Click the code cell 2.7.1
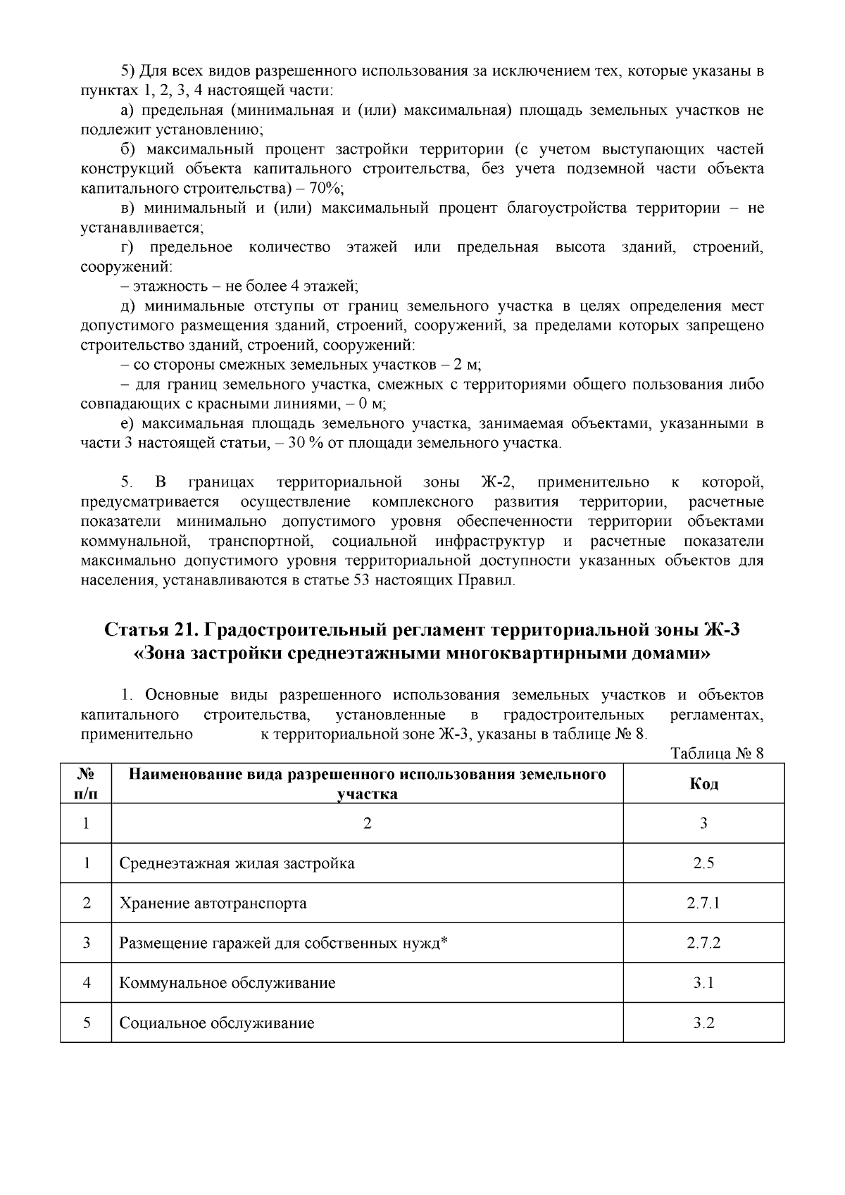703,903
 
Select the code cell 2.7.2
703,943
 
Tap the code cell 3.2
703,1022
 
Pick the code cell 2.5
703,863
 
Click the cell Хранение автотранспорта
213,903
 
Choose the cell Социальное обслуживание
216,1022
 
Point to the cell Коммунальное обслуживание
227,982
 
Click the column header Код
703,784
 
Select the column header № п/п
86,784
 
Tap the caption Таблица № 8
718,753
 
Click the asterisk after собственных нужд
444,941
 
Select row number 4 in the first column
86,982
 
